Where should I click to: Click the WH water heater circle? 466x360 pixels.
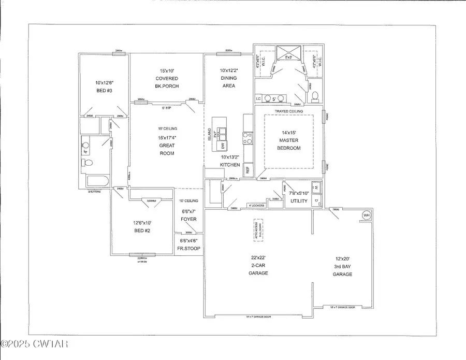[x=367, y=215]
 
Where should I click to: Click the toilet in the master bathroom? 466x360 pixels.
[x=314, y=96]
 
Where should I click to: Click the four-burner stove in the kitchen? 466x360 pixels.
[x=247, y=138]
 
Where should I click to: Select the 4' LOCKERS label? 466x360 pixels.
[x=256, y=206]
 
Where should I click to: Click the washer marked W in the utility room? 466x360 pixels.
[x=315, y=187]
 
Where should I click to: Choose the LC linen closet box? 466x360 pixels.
[x=258, y=98]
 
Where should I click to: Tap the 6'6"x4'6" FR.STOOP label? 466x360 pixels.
[x=188, y=244]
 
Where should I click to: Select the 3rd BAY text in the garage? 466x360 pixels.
[x=342, y=266]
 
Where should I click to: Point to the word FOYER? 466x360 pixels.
[x=188, y=219]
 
